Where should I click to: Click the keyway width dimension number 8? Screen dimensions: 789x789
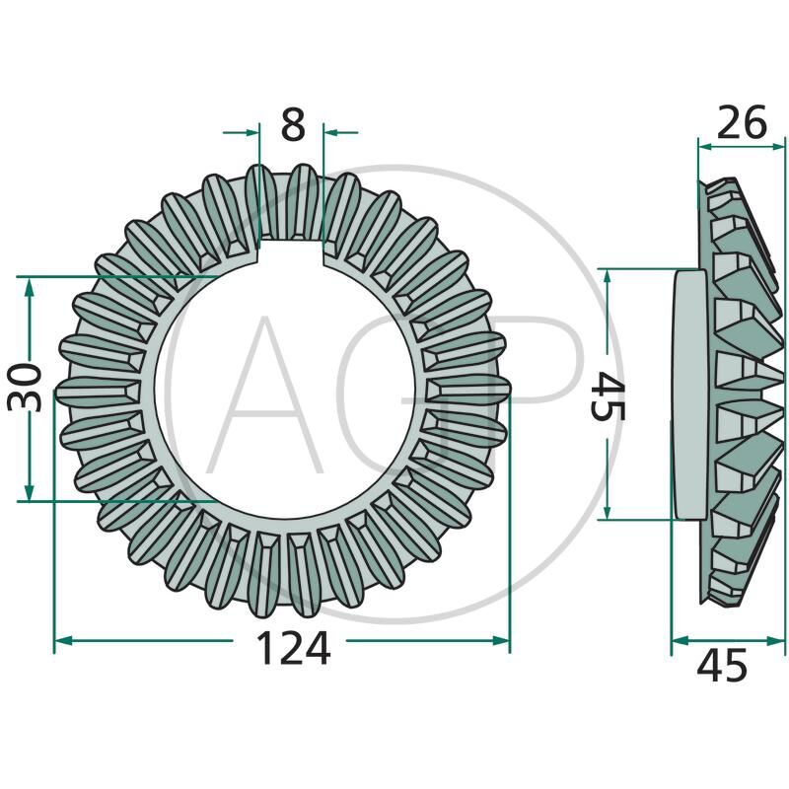[x=293, y=126]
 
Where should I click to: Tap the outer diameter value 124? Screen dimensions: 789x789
[x=293, y=648]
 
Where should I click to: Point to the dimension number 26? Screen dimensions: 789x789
[x=741, y=123]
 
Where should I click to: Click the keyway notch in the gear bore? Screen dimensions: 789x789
[x=292, y=253]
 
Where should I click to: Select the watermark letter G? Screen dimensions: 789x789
[x=394, y=394]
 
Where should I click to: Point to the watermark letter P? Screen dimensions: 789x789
[x=538, y=385]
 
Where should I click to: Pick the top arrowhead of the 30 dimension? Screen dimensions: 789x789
[x=30, y=283]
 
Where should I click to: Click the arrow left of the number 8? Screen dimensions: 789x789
[x=251, y=129]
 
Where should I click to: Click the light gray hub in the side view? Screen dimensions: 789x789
[x=687, y=394]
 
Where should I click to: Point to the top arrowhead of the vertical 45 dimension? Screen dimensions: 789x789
[x=610, y=274]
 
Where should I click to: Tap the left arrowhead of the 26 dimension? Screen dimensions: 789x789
[x=704, y=145]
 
